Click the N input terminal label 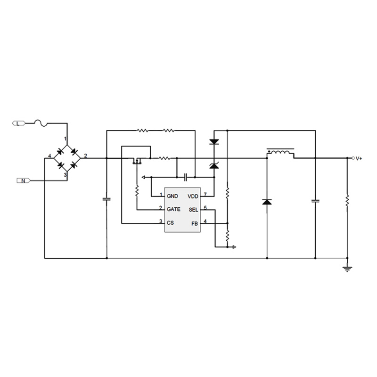pos(23,180)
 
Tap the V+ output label pos(359,158)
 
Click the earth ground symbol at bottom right pos(347,269)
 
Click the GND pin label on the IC pos(172,196)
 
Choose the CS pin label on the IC pos(170,222)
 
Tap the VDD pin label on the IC pos(193,196)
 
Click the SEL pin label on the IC pos(194,209)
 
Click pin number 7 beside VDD pos(205,194)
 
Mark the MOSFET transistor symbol pos(137,162)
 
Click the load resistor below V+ pos(347,200)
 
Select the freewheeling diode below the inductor pos(267,202)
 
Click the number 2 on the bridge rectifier pos(85,155)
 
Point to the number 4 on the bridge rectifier pos(49,156)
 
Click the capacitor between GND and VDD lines pos(186,177)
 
